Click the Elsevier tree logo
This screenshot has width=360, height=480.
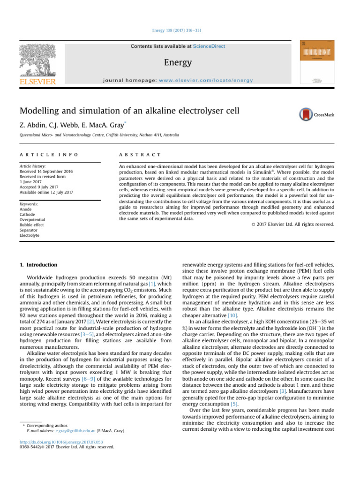[38, 60]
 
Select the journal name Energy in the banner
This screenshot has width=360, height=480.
[178, 62]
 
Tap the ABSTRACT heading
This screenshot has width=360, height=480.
[140, 155]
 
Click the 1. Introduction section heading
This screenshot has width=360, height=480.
[38, 265]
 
